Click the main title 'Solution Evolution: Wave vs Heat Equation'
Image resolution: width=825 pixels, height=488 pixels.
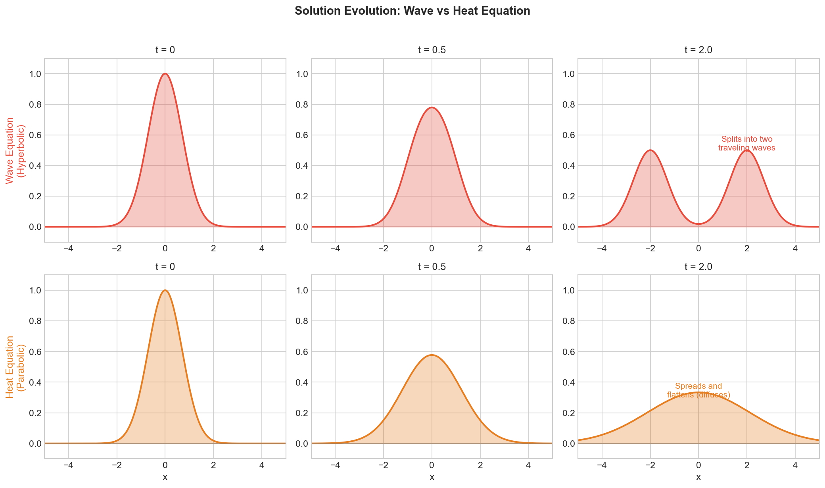click(412, 11)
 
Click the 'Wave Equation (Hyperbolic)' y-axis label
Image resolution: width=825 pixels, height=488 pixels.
click(15, 150)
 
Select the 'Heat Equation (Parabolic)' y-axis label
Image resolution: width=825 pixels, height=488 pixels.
click(15, 366)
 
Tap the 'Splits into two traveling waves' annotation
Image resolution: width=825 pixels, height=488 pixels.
click(746, 144)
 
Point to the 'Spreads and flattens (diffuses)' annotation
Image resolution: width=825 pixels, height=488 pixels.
click(698, 390)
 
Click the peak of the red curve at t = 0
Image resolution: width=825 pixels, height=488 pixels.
click(165, 73)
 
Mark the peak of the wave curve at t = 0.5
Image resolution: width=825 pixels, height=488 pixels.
click(432, 107)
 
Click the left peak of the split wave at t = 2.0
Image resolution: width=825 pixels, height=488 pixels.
click(650, 150)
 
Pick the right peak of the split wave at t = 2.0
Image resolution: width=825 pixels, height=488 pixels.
click(747, 150)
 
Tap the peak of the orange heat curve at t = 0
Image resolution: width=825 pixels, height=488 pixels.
click(165, 290)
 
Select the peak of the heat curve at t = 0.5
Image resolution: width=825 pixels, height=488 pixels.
click(432, 355)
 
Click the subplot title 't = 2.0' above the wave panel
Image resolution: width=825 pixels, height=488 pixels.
click(698, 50)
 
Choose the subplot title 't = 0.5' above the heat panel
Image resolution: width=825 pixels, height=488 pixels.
click(432, 267)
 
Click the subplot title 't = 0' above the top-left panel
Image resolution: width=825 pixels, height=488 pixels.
click(165, 50)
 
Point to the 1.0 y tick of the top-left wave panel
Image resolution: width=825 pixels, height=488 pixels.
click(35, 74)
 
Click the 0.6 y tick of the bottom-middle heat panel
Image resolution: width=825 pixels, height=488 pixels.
click(302, 352)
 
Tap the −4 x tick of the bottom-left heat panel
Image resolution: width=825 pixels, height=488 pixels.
click(68, 465)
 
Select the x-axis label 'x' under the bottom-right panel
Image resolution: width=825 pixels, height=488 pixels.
click(698, 477)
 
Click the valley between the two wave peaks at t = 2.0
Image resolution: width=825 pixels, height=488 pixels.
click(698, 224)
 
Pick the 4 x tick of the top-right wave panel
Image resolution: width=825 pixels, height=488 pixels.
click(795, 249)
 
